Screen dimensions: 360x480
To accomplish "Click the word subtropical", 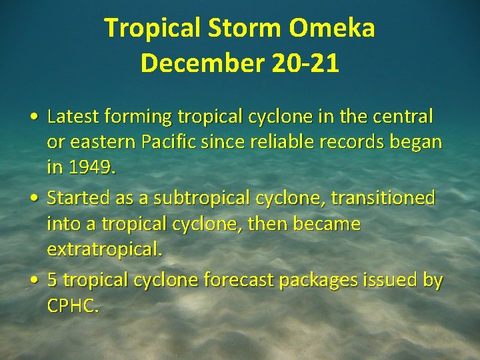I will point(201,198).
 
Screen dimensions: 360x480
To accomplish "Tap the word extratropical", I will point(103,250).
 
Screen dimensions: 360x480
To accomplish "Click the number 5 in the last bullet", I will point(53,281).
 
